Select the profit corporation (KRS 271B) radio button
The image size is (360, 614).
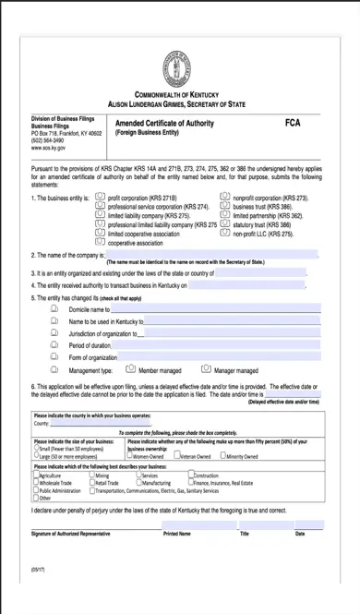pyautogui.click(x=101, y=198)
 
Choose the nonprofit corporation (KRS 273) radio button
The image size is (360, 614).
pyautogui.click(x=224, y=198)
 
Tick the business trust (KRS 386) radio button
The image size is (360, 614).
pyautogui.click(x=224, y=207)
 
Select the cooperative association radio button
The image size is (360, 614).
pyautogui.click(x=101, y=241)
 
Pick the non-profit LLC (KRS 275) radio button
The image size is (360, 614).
pyautogui.click(x=224, y=233)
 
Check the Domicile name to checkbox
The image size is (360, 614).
pyautogui.click(x=54, y=309)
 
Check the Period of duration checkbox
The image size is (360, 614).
pyautogui.click(x=54, y=344)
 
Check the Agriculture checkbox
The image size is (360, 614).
pyautogui.click(x=35, y=475)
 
